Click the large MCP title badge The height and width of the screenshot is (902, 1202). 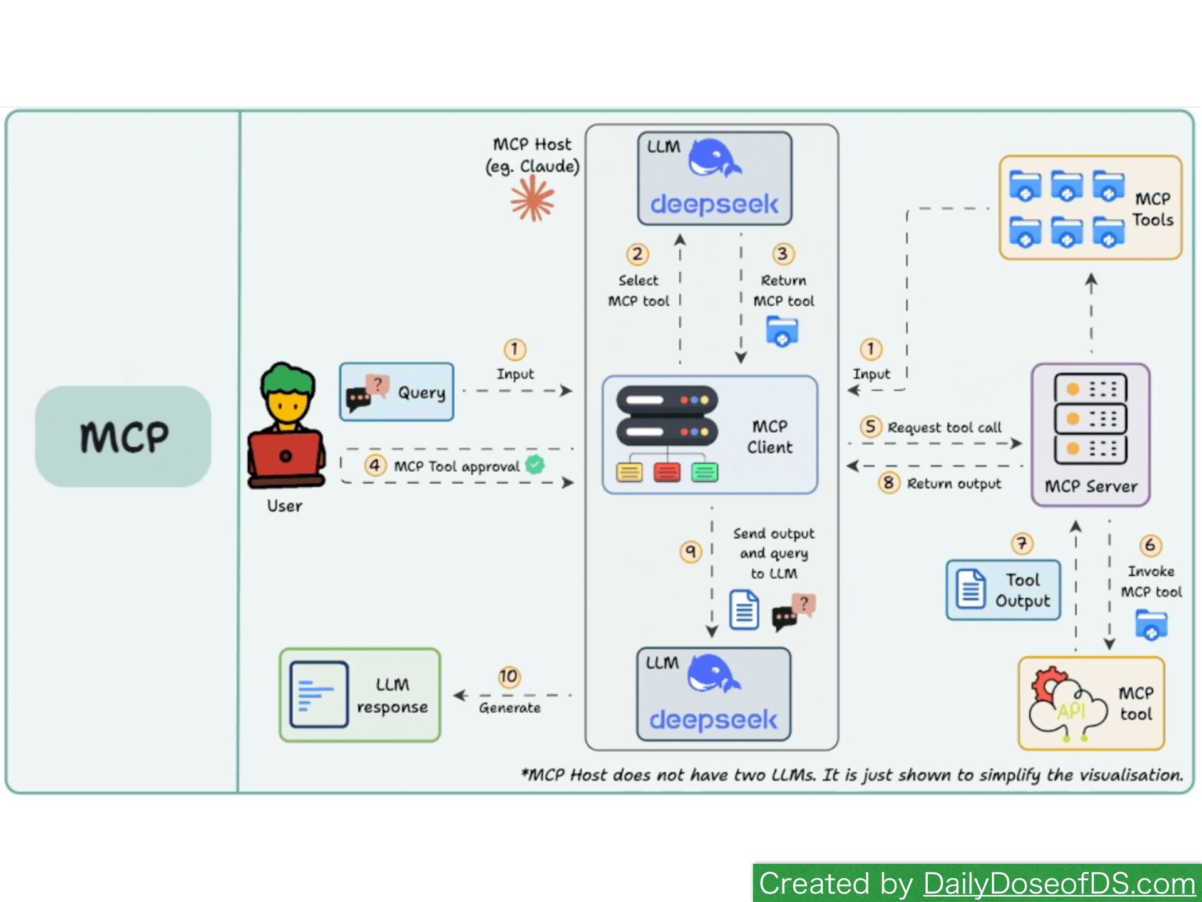[123, 437]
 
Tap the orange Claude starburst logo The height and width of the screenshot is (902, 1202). [532, 199]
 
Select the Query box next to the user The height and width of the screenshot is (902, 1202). [397, 392]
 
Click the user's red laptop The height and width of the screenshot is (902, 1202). [285, 455]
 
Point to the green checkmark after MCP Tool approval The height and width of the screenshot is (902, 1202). [535, 464]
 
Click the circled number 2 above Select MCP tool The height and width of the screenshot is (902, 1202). [637, 254]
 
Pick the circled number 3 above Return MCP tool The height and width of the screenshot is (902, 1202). [783, 254]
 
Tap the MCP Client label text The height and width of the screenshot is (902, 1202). [769, 437]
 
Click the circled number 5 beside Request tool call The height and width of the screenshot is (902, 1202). [870, 427]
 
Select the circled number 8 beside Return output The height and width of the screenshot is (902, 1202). [888, 482]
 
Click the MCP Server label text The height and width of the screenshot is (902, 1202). [1091, 487]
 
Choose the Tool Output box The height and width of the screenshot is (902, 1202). [1003, 590]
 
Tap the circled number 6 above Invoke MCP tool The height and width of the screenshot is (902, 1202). [1150, 546]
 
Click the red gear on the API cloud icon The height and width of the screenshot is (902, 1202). [1047, 683]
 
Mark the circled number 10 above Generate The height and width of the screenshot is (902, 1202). [509, 676]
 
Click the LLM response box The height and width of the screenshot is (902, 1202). [360, 695]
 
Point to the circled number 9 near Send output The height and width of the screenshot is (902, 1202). [691, 551]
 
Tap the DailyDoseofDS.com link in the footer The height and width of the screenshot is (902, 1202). [1059, 884]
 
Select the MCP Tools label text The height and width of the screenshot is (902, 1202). [1153, 209]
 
